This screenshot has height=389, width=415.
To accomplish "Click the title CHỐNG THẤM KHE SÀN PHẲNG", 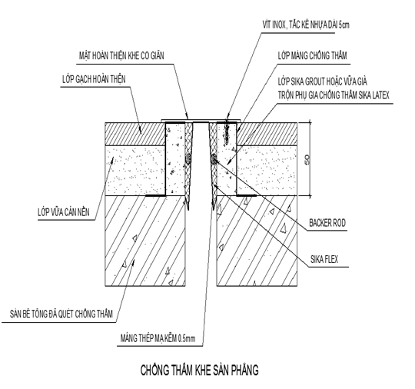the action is click(199, 370).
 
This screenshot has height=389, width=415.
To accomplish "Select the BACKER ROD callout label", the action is click(327, 223).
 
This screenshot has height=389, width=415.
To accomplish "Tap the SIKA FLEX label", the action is click(324, 259).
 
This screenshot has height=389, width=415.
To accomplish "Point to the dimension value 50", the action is click(307, 159).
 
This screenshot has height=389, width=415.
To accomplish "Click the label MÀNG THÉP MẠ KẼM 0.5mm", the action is click(158, 338).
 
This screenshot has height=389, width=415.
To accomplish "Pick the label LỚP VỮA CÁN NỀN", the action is click(64, 212).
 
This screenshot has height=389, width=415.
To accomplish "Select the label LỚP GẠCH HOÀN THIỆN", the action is click(94, 79).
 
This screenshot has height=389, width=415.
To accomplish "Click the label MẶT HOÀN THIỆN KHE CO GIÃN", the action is click(121, 55).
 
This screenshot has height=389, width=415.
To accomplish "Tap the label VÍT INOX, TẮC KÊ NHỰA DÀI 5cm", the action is click(306, 25).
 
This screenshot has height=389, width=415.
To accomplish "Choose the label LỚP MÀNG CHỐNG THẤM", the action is click(312, 55).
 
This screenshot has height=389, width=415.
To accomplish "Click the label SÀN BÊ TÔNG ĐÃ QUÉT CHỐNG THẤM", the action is click(61, 314).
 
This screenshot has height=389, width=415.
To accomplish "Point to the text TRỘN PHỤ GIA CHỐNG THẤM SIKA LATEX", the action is click(334, 95).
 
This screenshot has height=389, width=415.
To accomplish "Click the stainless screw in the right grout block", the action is click(227, 133).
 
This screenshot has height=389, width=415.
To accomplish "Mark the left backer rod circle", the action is click(188, 158).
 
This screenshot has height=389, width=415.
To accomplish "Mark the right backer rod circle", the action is click(214, 158).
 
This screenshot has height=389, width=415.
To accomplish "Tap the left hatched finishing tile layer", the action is click(135, 134).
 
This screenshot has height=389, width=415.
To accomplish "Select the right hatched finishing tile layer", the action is click(267, 134).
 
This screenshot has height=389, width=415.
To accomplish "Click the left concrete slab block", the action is click(145, 241).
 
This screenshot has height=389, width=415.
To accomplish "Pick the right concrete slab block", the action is click(257, 241).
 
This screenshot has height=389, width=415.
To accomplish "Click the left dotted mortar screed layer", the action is click(135, 171).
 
